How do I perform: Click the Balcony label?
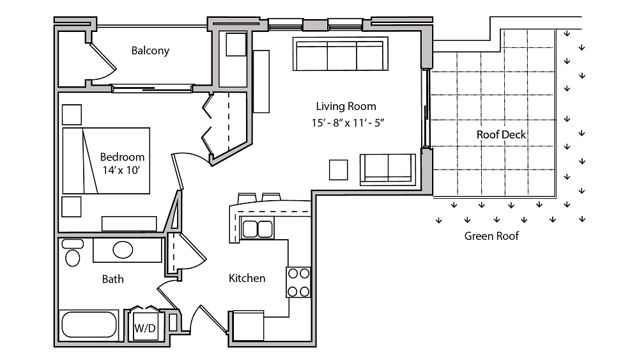[150, 51]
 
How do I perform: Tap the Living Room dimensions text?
[348, 123]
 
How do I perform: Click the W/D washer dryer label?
[145, 328]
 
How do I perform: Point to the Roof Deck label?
[501, 134]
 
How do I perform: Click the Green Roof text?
[491, 236]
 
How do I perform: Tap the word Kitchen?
[247, 278]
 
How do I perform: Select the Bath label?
[113, 279]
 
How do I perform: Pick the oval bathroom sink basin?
[123, 250]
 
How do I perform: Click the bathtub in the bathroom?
[89, 325]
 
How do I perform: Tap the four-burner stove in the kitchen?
[298, 282]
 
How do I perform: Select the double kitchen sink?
[257, 229]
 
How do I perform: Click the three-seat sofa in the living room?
[341, 54]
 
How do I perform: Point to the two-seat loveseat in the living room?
[388, 169]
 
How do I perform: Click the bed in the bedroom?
[106, 160]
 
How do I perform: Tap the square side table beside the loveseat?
[338, 169]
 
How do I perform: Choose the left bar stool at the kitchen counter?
[247, 198]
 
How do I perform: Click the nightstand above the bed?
[72, 114]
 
